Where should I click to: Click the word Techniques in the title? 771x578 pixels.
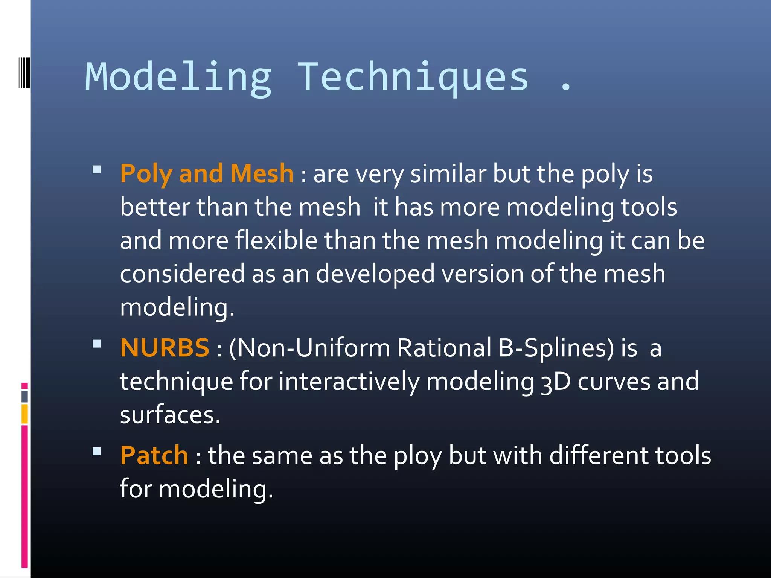pos(413,77)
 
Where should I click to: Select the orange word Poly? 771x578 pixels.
pos(146,174)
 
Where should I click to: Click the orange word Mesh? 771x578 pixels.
pos(262,173)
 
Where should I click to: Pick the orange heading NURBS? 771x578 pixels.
pos(165,348)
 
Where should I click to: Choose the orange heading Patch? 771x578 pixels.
pos(154,455)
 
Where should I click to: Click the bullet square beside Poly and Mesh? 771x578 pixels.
pos(97,170)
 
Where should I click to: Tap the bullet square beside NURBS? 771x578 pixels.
pos(97,344)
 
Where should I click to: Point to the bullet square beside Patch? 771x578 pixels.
pos(97,452)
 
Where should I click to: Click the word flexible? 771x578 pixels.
pos(276,240)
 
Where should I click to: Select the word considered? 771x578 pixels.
pos(182,274)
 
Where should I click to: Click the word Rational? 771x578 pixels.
pos(444,348)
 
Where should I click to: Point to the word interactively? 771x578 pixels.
pos(349,382)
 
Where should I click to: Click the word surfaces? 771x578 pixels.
pos(169,415)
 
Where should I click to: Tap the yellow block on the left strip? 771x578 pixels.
pos(24,414)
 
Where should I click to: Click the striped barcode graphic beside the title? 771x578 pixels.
pos(24,72)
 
